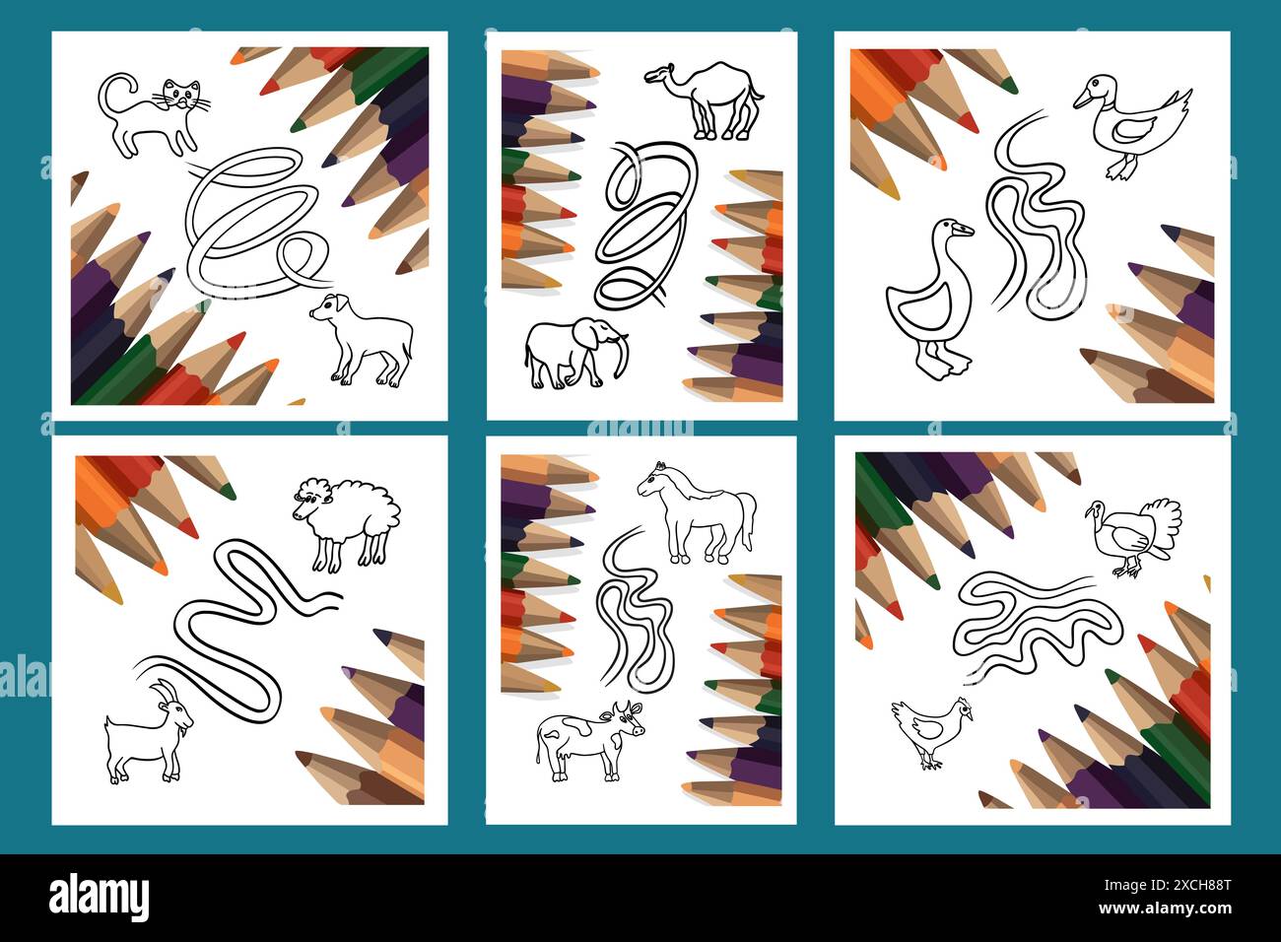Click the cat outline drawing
click(158, 113)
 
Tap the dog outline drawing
click(363, 339)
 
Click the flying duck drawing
click(1133, 123)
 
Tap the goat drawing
click(148, 734)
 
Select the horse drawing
click(695, 512)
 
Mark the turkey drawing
click(1133, 532)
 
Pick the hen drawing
click(932, 729)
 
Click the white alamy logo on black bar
click(99, 898)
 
